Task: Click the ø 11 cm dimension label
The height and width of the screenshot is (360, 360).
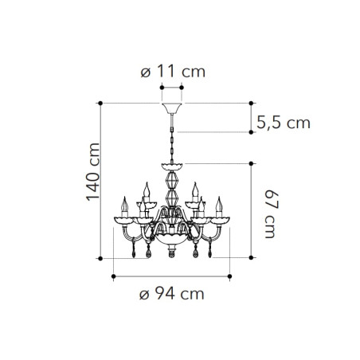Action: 171,72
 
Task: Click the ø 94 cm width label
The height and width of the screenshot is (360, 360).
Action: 171,293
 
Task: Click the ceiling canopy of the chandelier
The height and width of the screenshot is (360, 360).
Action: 171,108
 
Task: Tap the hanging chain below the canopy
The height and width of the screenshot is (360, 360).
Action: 171,139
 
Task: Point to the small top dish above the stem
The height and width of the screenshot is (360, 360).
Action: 171,166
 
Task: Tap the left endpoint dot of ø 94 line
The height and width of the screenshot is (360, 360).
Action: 115,276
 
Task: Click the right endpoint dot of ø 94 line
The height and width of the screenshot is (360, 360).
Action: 228,276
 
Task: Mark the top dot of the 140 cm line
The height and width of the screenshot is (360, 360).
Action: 101,103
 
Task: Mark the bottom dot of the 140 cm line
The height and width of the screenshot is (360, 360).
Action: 101,257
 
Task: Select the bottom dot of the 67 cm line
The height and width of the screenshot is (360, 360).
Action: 251,257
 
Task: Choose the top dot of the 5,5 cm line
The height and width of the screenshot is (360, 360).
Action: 251,103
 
